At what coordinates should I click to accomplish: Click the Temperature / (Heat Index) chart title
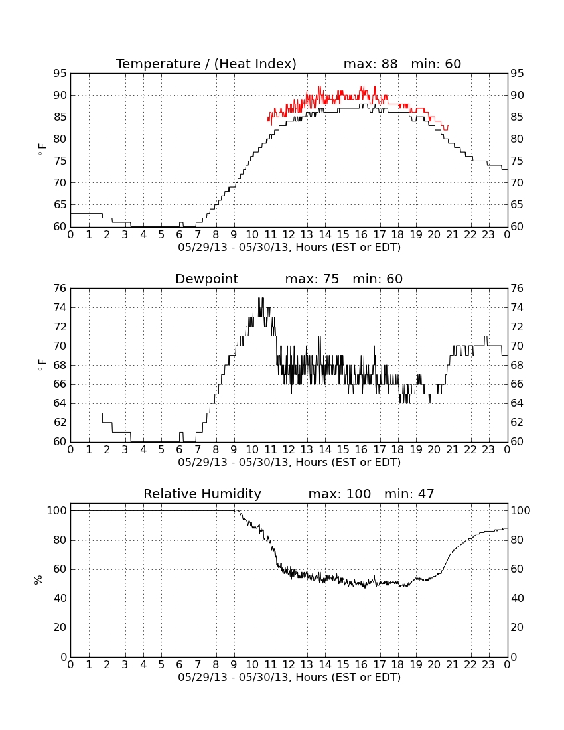[206, 64]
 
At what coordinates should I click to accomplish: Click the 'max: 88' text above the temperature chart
[370, 64]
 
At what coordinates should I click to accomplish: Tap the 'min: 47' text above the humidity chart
[409, 494]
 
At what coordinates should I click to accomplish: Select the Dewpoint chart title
[206, 279]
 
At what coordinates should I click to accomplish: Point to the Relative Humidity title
[202, 494]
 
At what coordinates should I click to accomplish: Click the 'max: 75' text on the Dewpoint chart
[312, 279]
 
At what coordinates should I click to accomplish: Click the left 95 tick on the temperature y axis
[60, 74]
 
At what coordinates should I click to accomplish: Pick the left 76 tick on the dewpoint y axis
[60, 289]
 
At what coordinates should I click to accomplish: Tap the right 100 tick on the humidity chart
[520, 511]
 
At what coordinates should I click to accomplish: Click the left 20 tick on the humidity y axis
[60, 628]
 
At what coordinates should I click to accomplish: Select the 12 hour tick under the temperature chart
[289, 235]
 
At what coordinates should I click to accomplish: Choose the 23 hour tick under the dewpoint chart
[488, 450]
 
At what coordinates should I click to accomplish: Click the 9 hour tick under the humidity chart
[234, 665]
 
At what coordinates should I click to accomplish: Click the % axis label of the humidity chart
[38, 580]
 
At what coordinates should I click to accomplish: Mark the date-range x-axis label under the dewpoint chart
[289, 463]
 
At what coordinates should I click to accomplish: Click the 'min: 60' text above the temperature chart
[436, 64]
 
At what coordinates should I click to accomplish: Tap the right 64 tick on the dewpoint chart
[517, 403]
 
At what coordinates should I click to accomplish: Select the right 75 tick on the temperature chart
[517, 161]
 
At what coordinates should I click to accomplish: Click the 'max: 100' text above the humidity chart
[340, 494]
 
